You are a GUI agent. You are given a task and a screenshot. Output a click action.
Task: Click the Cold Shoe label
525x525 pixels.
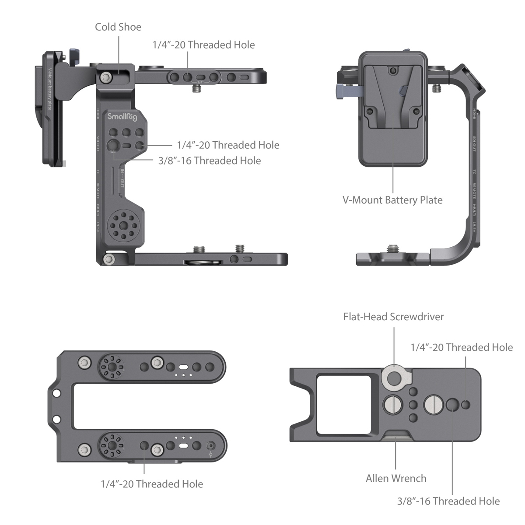[x=118, y=27]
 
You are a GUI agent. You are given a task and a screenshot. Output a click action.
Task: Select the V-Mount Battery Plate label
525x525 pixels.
[x=392, y=200]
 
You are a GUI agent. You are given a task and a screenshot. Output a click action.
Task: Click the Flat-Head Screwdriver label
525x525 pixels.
[x=393, y=317]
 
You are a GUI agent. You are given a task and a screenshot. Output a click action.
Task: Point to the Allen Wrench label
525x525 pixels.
[x=396, y=478]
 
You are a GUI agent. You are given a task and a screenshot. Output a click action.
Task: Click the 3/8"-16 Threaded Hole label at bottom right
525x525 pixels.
[x=448, y=501]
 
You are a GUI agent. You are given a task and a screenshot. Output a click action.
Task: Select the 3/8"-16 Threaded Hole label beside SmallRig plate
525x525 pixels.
[x=210, y=161]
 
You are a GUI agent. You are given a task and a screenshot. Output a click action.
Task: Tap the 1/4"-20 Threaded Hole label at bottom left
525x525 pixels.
[x=152, y=484]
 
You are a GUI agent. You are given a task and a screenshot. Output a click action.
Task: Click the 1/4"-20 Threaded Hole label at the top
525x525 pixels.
[x=203, y=45]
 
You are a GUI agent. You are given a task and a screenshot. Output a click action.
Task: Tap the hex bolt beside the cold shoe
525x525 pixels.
[x=105, y=77]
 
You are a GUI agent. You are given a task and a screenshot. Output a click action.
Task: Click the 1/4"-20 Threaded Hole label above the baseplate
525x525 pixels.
[x=462, y=347]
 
